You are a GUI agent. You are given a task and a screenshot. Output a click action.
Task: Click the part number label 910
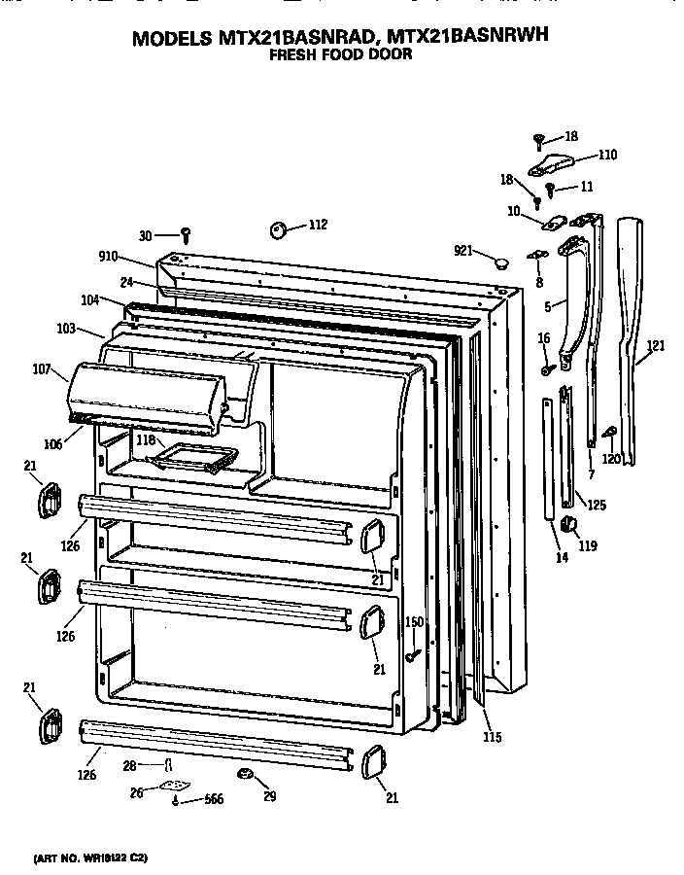pos(107,257)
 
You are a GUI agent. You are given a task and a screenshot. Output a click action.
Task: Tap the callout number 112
pos(317,226)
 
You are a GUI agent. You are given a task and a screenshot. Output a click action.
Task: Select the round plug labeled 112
pos(278,229)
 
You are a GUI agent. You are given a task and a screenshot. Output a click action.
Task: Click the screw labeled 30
pos(186,234)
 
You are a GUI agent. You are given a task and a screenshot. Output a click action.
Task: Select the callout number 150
pos(414,621)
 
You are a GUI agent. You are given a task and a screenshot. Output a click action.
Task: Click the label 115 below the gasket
pos(493,738)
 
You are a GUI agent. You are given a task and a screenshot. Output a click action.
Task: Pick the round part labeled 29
pos(245,774)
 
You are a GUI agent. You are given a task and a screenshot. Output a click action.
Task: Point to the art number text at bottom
pos(91,858)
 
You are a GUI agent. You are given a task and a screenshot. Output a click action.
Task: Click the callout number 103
pos(66,329)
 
